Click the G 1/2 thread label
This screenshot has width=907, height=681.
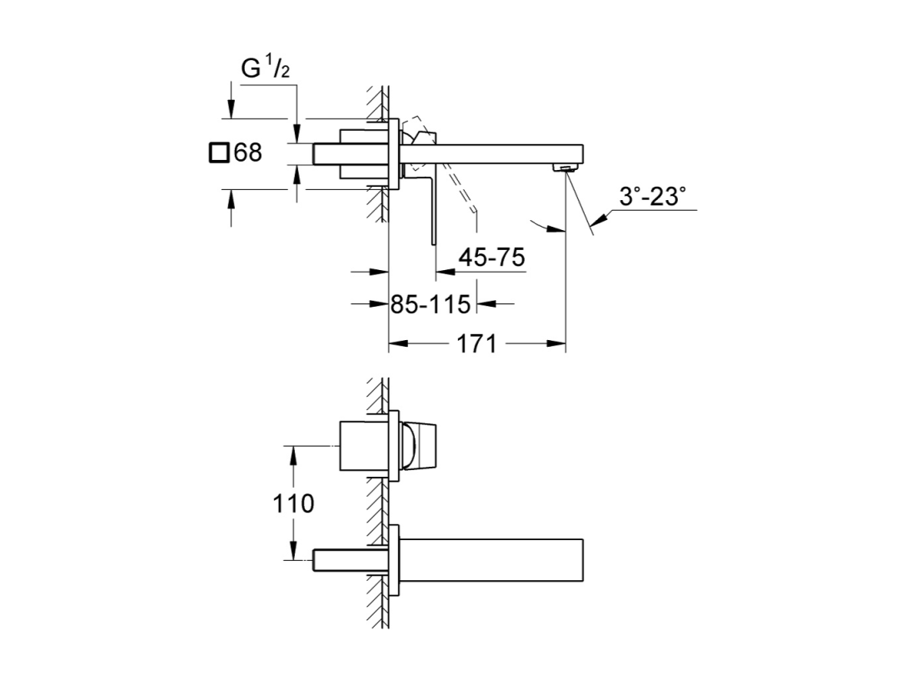tap(265, 68)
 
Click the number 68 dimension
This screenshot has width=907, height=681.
tap(247, 153)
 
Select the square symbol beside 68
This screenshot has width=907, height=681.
tap(219, 153)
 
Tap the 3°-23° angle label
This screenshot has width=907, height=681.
tap(652, 197)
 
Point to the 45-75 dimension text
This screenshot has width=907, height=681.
tap(491, 257)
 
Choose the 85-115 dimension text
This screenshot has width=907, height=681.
tap(431, 304)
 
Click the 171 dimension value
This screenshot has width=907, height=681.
tap(476, 344)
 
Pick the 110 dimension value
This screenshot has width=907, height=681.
tap(293, 503)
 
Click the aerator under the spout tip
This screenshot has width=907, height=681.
tap(566, 168)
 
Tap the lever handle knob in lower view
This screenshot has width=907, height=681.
tap(419, 446)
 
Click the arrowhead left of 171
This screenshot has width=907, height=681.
tap(399, 344)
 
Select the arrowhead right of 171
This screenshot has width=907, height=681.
tap(556, 344)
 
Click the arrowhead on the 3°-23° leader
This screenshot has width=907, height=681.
tap(600, 219)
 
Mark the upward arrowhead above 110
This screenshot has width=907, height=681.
tap(293, 456)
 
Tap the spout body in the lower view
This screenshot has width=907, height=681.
tap(491, 560)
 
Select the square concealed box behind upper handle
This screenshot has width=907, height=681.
tap(364, 154)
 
